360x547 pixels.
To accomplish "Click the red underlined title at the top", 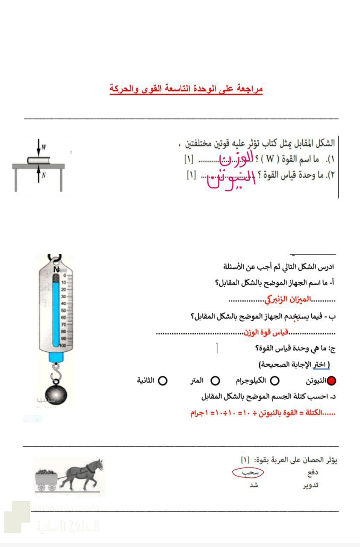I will click(x=186, y=89).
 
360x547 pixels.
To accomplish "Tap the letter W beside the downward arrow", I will click(x=44, y=147).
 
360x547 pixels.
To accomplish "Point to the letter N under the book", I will click(x=44, y=174).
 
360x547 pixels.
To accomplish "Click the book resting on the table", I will click(x=39, y=160).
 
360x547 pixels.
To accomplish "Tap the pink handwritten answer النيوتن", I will click(x=231, y=181).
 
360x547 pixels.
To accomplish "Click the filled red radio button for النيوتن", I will click(x=331, y=381).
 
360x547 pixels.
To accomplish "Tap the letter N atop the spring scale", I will click(x=56, y=270).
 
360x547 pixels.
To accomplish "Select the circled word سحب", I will click(x=248, y=473).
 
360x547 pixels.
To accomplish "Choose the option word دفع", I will click(x=313, y=473).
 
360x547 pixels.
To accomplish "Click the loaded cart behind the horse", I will click(x=47, y=477).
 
